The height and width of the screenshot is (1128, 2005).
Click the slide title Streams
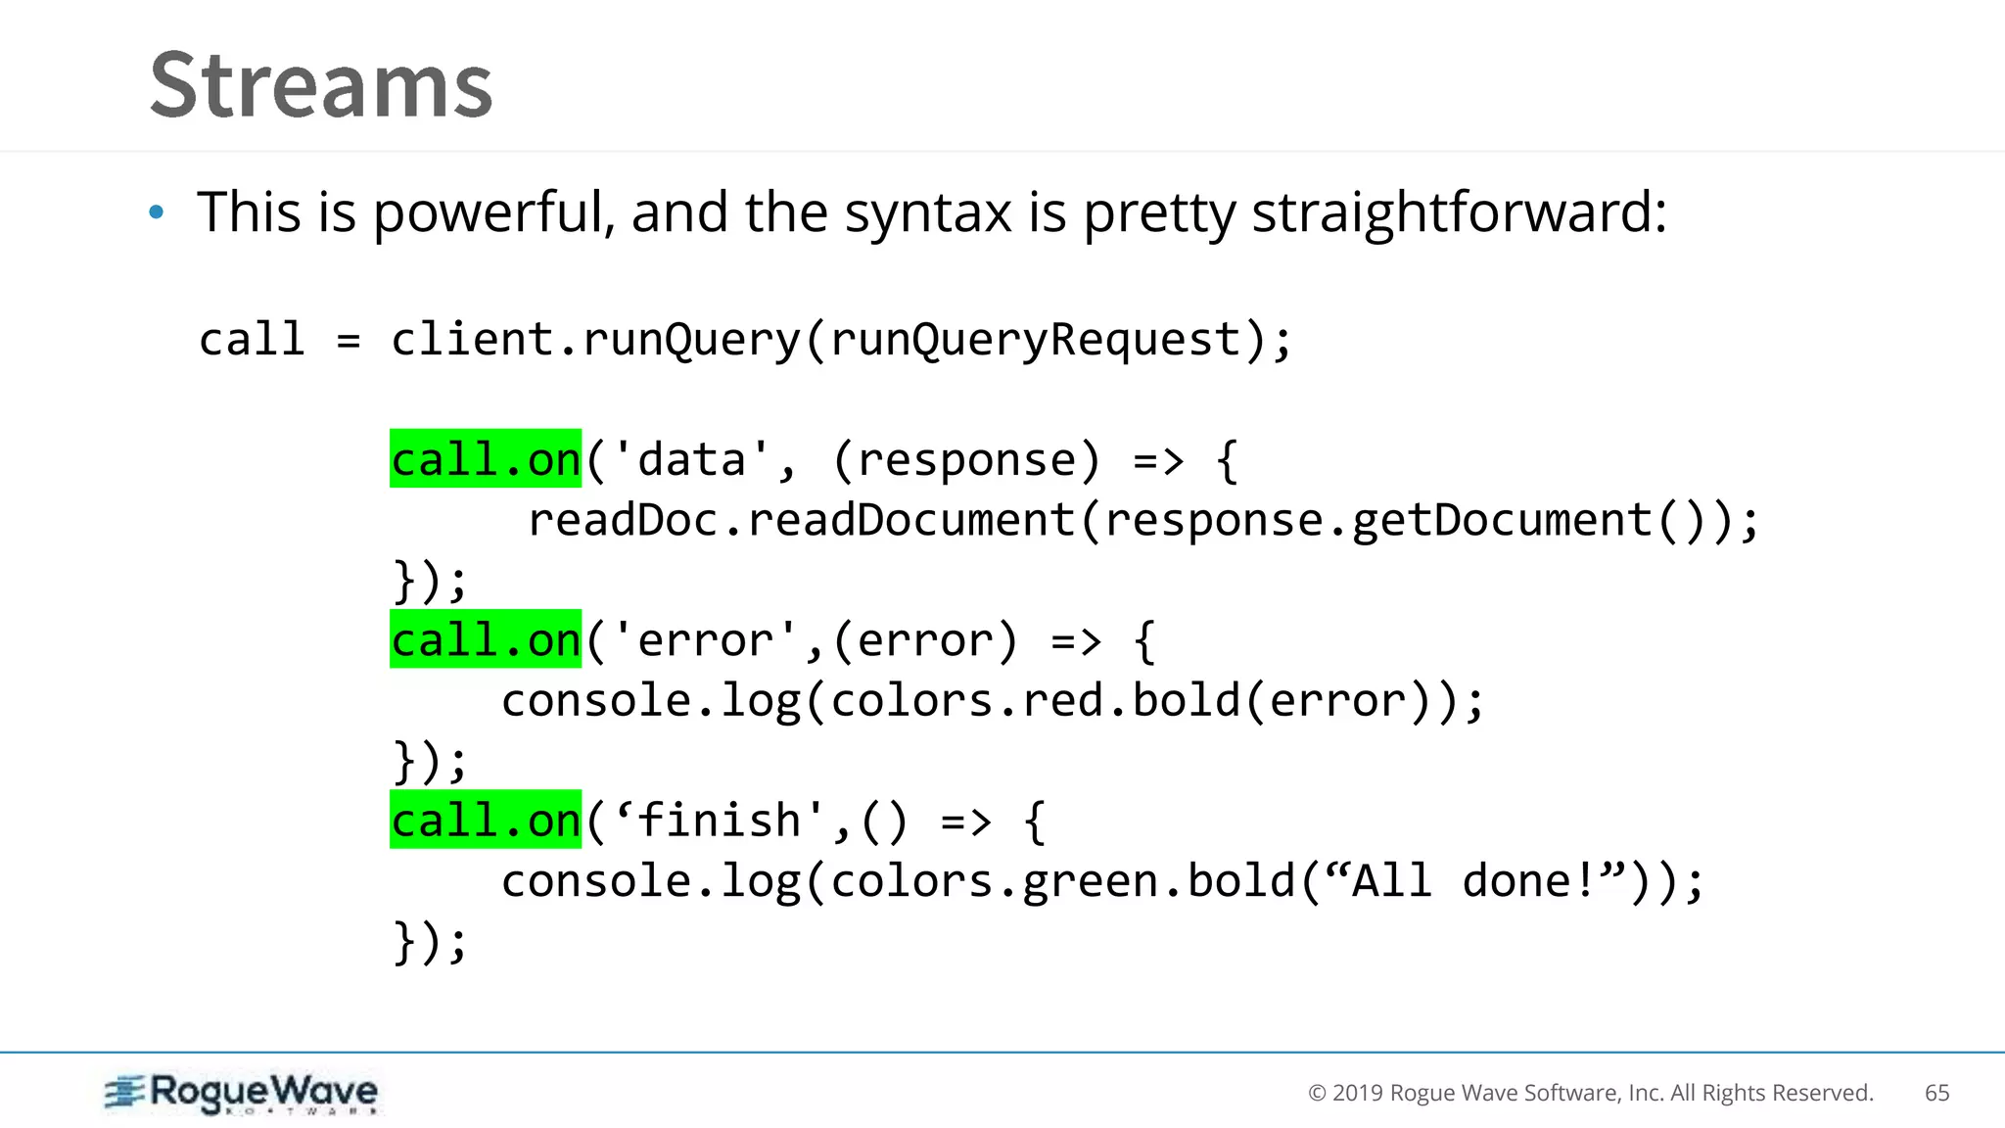point(321,86)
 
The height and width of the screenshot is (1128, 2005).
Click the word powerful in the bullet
point(494,213)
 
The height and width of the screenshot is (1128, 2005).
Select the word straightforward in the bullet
point(1459,213)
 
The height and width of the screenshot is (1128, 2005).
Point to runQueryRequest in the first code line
point(1036,340)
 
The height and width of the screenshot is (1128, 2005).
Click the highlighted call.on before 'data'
point(486,459)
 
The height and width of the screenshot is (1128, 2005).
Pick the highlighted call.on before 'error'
point(486,639)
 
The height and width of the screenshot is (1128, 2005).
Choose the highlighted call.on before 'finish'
point(486,820)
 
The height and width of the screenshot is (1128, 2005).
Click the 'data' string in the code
point(691,459)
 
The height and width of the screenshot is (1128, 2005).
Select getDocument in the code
point(1502,520)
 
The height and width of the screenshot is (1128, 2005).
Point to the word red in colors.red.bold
point(1063,700)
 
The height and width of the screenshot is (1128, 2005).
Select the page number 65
point(1936,1093)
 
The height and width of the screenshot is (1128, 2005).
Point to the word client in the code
point(472,340)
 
